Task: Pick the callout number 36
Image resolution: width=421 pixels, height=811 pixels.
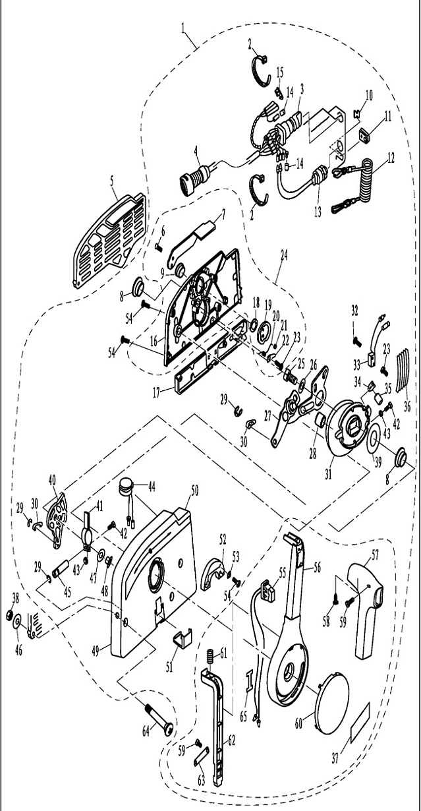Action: coord(407,407)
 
